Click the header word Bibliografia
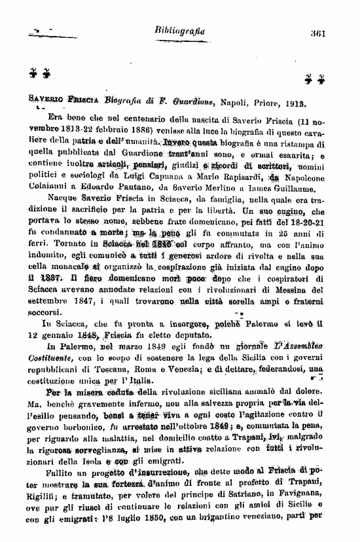click(179, 30)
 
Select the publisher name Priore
click(272, 102)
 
